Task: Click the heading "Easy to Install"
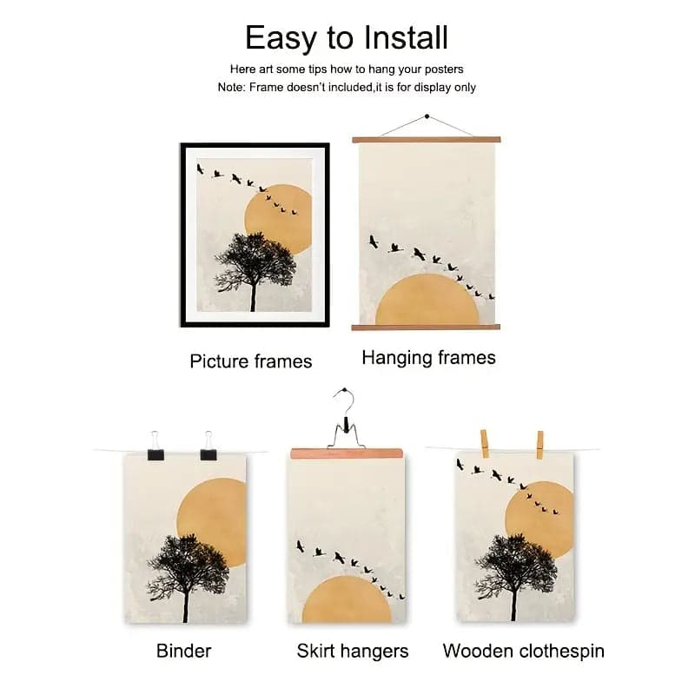pyautogui.click(x=347, y=37)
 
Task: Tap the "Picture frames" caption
pyautogui.click(x=251, y=361)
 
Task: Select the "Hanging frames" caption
pyautogui.click(x=428, y=357)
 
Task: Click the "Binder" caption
pyautogui.click(x=183, y=650)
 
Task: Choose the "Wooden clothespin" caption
pyautogui.click(x=523, y=651)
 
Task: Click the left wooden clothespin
pyautogui.click(x=484, y=443)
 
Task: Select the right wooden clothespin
pyautogui.click(x=539, y=444)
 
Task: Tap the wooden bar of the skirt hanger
pyautogui.click(x=347, y=453)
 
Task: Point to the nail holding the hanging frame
pyautogui.click(x=427, y=116)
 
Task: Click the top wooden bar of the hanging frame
pyautogui.click(x=427, y=139)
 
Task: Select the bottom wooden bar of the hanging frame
pyautogui.click(x=427, y=327)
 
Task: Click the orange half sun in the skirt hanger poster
pyautogui.click(x=347, y=599)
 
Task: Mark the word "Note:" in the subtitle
pyautogui.click(x=232, y=88)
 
